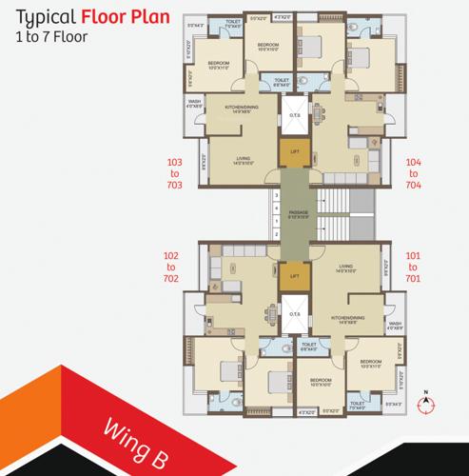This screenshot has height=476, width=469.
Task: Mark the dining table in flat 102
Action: [x=273, y=315]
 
